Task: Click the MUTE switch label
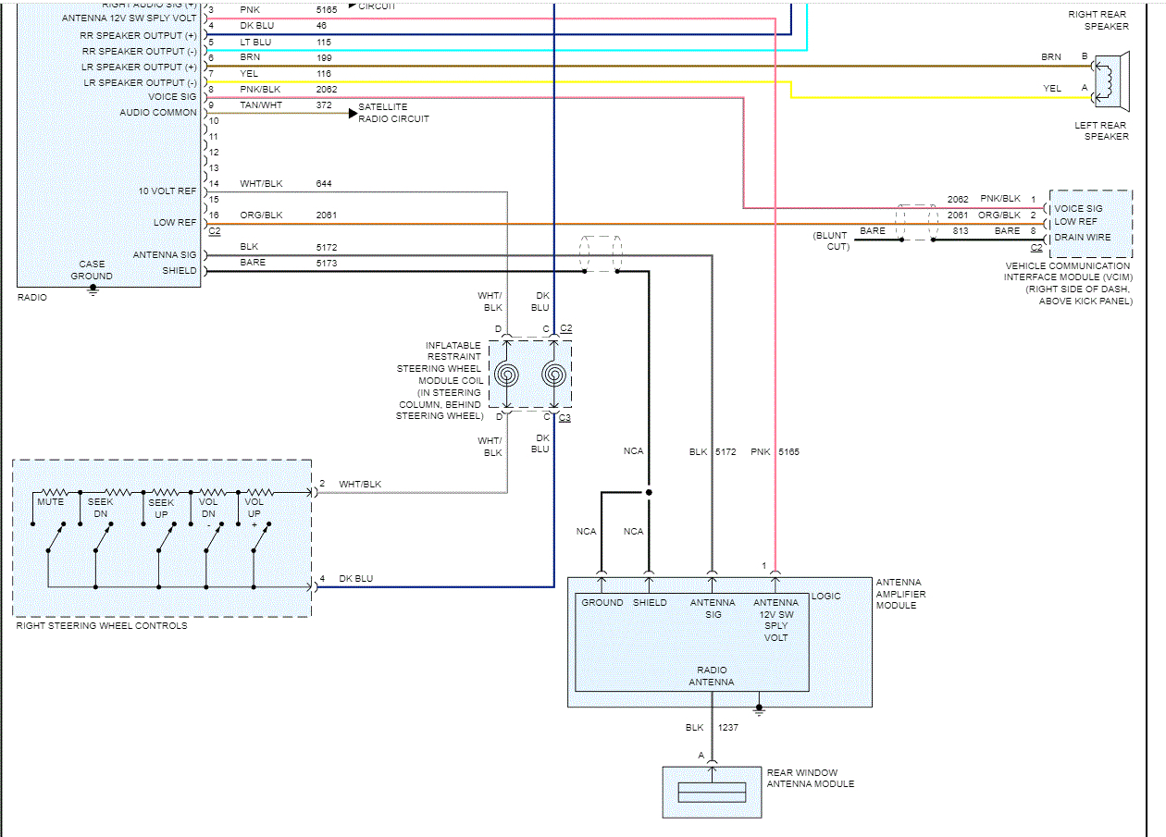pos(51,502)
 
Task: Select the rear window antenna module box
pos(712,793)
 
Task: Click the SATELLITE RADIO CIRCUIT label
pos(393,113)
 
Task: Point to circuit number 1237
pos(727,727)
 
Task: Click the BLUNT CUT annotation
pos(831,240)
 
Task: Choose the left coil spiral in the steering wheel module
pos(506,375)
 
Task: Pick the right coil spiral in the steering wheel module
pos(553,375)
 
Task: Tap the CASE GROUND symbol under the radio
pos(93,289)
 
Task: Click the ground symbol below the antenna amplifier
pos(759,710)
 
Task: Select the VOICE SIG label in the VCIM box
pos(1079,209)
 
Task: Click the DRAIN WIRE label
pos(1082,237)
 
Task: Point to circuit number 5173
pos(327,264)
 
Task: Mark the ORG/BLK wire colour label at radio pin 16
pos(261,215)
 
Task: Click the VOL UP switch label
pos(254,508)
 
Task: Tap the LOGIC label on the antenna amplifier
pos(825,597)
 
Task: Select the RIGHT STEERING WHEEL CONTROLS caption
pos(102,626)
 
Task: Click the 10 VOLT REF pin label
pos(167,191)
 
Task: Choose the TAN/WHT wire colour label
pos(261,105)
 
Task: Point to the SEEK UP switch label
pos(161,509)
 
